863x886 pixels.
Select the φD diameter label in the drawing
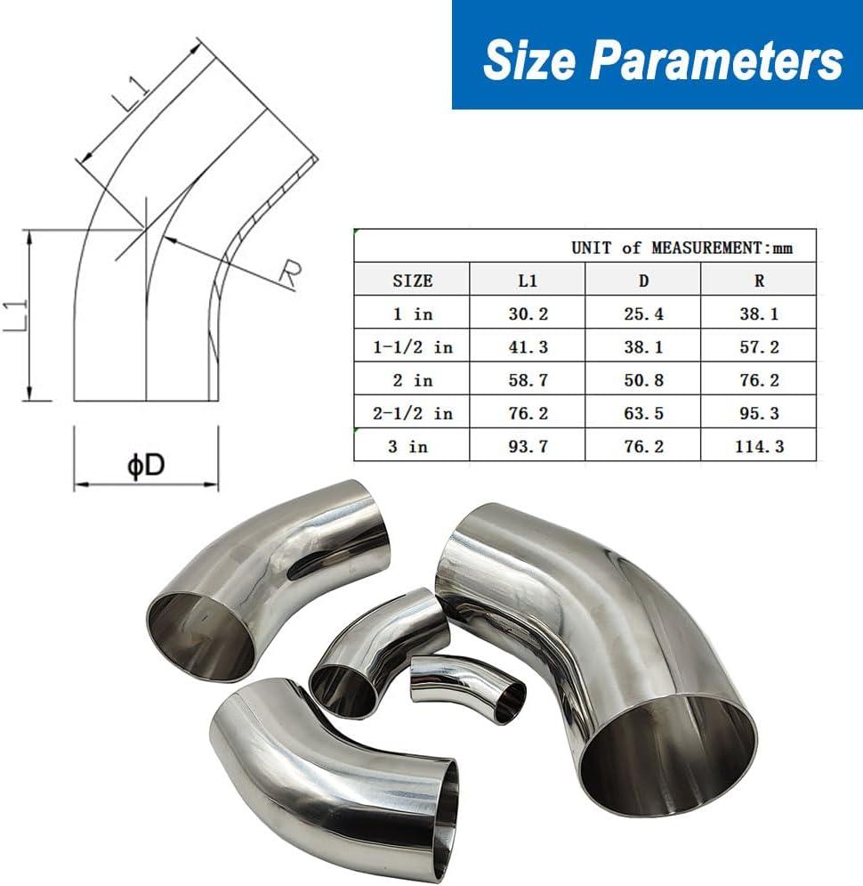coord(146,466)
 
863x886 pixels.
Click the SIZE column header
coord(412,280)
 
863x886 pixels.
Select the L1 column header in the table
coord(528,280)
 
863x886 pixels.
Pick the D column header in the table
coord(643,280)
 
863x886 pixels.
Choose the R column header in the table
coord(759,280)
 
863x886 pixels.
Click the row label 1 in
coord(412,313)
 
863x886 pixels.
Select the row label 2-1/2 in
coord(412,413)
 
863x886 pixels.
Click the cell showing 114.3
coord(759,446)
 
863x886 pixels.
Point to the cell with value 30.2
coord(528,313)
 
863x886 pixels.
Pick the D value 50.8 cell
coord(643,380)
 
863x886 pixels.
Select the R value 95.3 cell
coord(759,413)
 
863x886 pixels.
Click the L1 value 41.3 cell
coord(528,347)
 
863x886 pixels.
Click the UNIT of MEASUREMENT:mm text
coord(681,248)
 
